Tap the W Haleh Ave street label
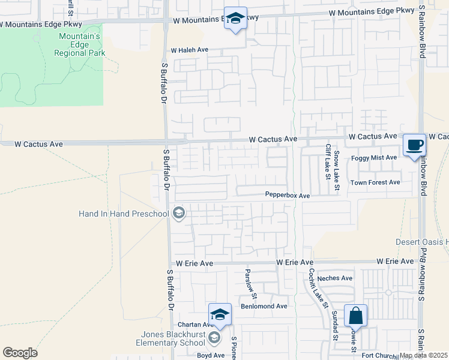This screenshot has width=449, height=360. (x=189, y=50)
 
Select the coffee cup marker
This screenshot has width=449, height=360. (x=414, y=145)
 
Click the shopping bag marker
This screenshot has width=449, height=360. (x=355, y=316)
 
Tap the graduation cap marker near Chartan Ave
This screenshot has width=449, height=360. (x=220, y=315)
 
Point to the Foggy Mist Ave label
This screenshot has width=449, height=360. (x=375, y=157)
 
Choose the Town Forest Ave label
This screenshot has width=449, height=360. (x=375, y=182)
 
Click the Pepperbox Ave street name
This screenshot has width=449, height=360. (x=288, y=196)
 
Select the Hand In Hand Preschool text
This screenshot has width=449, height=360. (x=124, y=213)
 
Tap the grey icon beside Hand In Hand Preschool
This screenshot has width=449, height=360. (x=178, y=213)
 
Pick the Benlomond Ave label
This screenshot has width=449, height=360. (x=264, y=306)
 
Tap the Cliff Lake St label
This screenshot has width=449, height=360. (x=328, y=162)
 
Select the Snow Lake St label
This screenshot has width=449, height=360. (x=337, y=172)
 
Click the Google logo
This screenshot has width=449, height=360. (x=20, y=353)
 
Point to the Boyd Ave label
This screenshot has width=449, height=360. (x=210, y=355)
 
